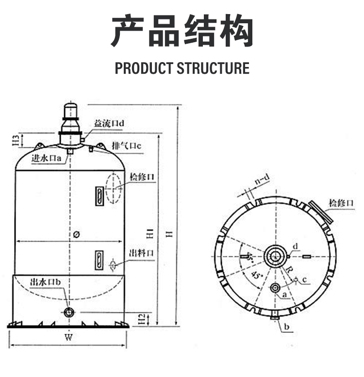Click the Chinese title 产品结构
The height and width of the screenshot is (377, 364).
point(182,32)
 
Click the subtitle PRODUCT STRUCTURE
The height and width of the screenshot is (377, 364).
point(182,68)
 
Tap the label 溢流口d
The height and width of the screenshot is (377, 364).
point(109,124)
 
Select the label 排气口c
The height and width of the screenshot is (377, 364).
point(126,146)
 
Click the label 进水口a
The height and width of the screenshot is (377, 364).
point(46,158)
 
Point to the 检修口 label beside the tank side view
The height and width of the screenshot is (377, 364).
point(142,177)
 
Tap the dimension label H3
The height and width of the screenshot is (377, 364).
point(16,140)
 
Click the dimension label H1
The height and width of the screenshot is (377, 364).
point(150,233)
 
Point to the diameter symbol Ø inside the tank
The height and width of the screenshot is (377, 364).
point(77,235)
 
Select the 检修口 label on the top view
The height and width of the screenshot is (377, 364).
point(342,202)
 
